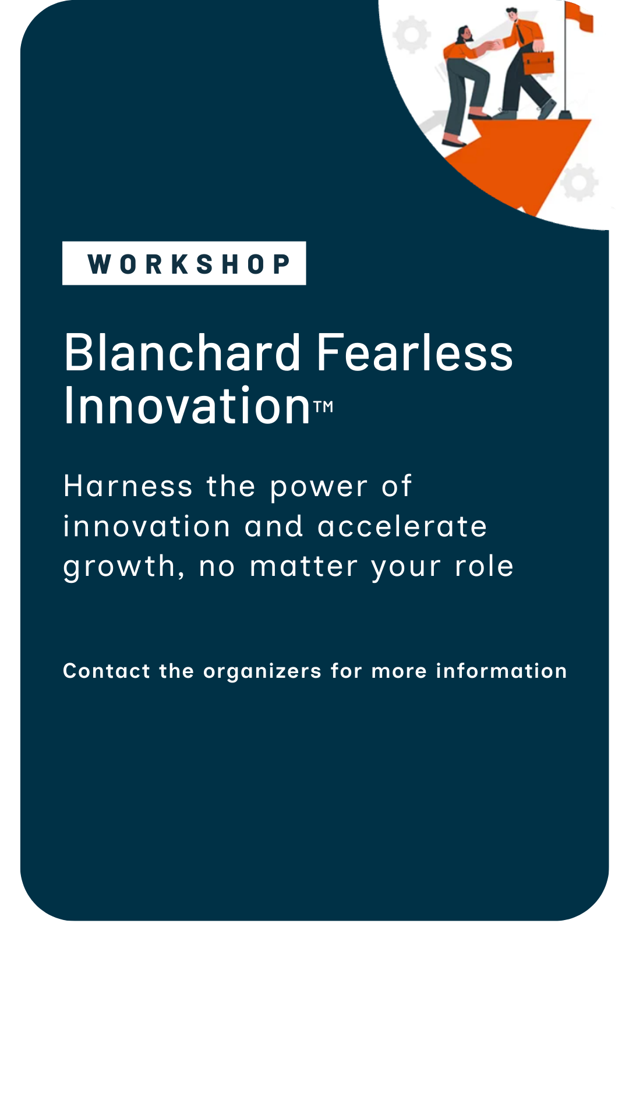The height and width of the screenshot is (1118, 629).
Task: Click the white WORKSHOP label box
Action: [184, 263]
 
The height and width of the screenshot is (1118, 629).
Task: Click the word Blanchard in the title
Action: [182, 353]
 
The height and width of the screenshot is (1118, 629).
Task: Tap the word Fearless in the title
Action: [414, 353]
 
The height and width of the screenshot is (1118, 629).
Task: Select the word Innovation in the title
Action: [187, 406]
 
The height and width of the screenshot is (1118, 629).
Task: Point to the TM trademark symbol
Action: [324, 406]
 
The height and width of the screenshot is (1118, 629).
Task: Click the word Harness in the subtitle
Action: [128, 486]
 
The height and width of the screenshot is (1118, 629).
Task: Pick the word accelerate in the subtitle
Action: [402, 527]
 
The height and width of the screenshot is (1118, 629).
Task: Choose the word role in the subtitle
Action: [484, 567]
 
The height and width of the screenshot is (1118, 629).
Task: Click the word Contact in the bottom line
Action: [107, 671]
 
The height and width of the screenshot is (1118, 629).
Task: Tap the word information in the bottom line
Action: [501, 671]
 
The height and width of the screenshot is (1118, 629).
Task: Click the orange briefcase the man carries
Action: [538, 62]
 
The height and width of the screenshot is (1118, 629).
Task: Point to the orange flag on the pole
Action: [579, 15]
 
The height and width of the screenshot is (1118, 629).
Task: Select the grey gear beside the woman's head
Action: [411, 34]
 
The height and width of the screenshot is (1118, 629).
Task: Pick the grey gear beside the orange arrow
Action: [579, 182]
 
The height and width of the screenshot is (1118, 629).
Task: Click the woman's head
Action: [464, 34]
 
